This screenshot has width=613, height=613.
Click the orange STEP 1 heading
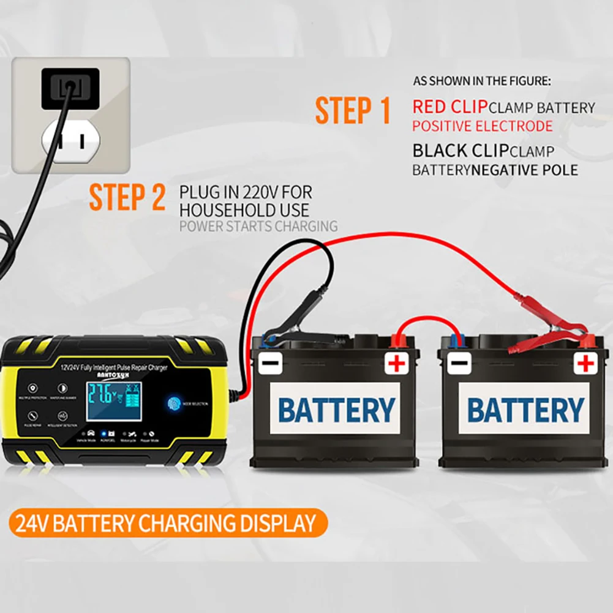tap(353, 111)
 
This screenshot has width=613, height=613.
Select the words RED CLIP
tap(449, 107)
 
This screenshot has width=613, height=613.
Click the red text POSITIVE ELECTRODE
tap(482, 127)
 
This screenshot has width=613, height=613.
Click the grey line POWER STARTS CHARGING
tap(258, 226)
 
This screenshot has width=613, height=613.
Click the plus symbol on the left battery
tap(397, 364)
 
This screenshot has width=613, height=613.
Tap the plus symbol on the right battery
tap(585, 364)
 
